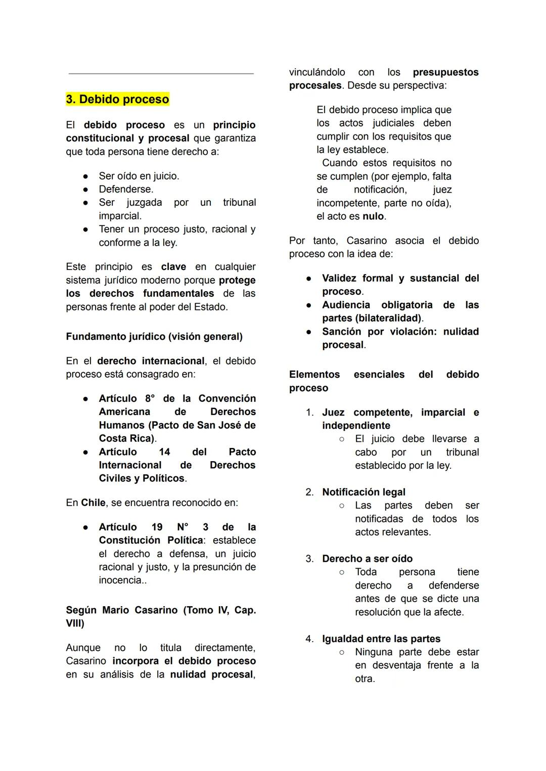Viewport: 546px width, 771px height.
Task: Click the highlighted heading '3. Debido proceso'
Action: (x=117, y=99)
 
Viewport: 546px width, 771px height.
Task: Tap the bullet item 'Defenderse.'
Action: (x=126, y=189)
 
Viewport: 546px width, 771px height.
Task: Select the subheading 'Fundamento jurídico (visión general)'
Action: (x=154, y=337)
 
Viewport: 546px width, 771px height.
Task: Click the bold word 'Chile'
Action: (x=93, y=503)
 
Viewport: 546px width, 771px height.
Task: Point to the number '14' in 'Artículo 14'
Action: (x=164, y=452)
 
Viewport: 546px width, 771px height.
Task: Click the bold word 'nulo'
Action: (x=373, y=216)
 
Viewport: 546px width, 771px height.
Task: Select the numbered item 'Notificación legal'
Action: (x=363, y=492)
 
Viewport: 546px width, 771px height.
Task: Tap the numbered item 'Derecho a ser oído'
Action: (x=367, y=559)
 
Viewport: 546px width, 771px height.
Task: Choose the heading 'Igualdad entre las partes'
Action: (x=381, y=639)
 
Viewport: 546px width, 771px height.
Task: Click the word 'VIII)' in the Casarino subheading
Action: (x=75, y=623)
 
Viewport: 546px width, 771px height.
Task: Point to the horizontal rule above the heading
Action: (x=161, y=74)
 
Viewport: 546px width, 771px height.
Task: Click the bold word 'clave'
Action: (x=173, y=267)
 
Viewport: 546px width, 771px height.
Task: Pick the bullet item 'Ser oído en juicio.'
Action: (x=139, y=176)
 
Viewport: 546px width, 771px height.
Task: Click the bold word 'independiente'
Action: (x=356, y=426)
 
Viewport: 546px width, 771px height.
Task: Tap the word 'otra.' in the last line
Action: (x=365, y=679)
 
